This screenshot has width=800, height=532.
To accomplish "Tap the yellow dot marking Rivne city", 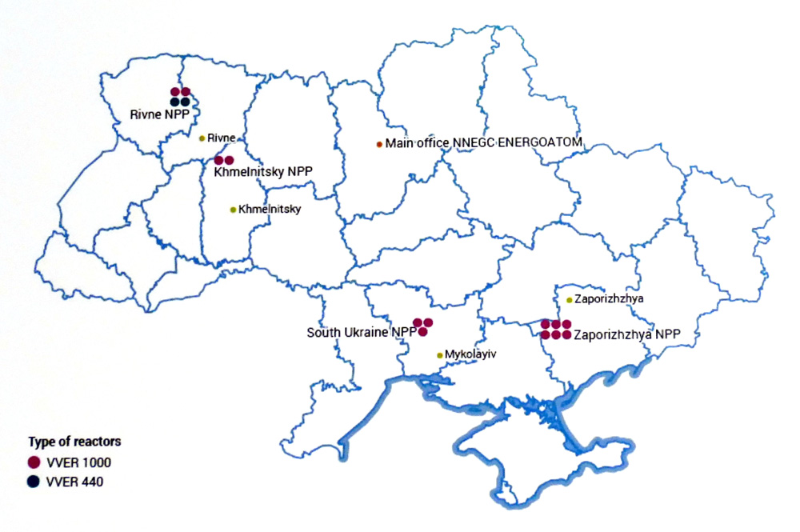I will tap(202, 138).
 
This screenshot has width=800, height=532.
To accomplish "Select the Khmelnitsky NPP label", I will tap(262, 171).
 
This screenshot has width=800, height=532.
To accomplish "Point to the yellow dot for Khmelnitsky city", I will tap(233, 210).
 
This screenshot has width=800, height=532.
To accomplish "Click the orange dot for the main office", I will tap(379, 144).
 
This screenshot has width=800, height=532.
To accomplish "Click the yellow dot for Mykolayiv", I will tap(439, 355).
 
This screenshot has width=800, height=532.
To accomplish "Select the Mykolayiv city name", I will tap(470, 354).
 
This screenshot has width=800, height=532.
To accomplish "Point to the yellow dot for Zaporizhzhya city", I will tap(569, 300).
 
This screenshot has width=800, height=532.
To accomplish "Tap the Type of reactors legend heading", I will tap(74, 442).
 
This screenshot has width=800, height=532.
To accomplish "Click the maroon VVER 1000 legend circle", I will tap(34, 462).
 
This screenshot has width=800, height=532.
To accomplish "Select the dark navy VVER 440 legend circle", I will tap(34, 482).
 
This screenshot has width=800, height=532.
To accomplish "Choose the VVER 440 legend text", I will tap(74, 482).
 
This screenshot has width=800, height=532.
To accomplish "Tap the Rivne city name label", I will tap(221, 138).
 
